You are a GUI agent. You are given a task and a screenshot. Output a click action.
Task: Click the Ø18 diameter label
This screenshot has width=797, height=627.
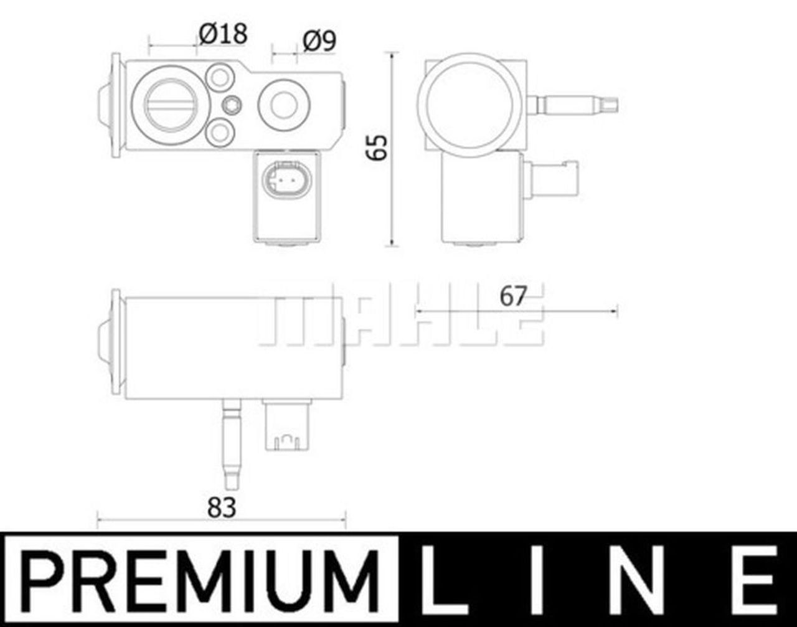(x=223, y=34)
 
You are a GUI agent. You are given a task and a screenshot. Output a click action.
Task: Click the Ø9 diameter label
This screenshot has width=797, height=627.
(x=319, y=41)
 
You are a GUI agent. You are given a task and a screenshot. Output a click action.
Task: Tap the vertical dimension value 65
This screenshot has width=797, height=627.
(x=377, y=148)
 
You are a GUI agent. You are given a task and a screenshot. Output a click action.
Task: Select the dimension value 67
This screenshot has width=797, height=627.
(x=513, y=296)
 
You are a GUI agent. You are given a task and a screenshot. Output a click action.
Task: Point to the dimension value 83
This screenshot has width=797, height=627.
(x=222, y=508)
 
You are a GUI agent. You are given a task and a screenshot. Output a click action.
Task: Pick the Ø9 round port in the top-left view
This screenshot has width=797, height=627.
(x=284, y=105)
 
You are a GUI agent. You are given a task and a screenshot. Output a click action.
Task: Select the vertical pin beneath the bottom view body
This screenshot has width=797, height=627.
(x=231, y=445)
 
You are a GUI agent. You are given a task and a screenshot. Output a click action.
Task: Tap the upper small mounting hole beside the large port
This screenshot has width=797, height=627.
(x=220, y=78)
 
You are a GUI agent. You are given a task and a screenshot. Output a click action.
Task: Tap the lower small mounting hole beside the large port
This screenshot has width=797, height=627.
(x=220, y=131)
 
